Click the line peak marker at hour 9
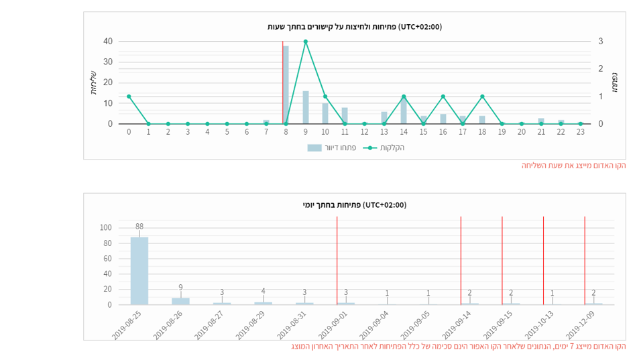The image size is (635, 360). (305, 42)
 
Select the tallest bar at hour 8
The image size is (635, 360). (286, 84)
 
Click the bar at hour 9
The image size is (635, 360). (306, 107)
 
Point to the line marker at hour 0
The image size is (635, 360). (129, 97)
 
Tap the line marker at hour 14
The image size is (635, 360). (404, 97)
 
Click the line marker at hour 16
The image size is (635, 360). (443, 97)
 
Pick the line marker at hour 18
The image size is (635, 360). (482, 97)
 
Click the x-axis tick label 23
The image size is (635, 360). (580, 132)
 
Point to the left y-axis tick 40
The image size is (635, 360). (108, 42)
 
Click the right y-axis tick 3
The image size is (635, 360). (601, 42)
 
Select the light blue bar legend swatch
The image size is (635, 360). (314, 147)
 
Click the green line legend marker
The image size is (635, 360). (369, 147)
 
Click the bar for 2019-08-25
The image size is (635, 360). (139, 271)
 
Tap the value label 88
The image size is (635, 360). (139, 227)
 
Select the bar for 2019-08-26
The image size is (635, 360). (180, 301)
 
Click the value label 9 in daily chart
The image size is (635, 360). (180, 288)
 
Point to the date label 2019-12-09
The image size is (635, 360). (581, 324)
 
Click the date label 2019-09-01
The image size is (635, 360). (333, 324)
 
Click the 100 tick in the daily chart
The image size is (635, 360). (105, 228)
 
